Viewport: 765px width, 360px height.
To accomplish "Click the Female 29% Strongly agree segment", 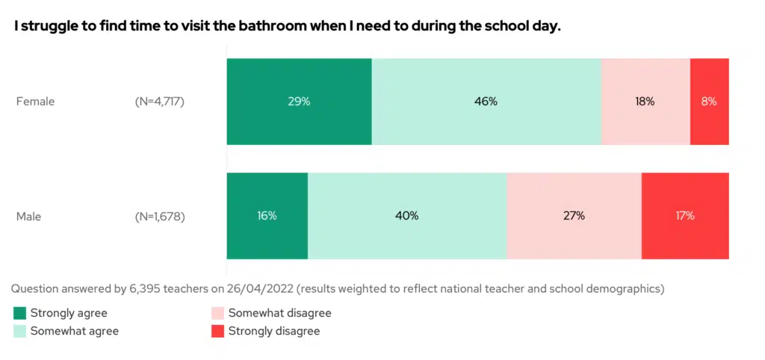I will [299, 102].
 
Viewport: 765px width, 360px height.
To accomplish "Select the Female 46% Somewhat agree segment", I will [486, 102].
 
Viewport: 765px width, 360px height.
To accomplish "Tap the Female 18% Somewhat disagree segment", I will [645, 102].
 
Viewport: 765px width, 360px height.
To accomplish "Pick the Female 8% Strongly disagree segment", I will [709, 102].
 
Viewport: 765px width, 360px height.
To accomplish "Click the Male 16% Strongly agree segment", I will [267, 216].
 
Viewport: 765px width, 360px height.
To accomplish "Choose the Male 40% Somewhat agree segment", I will [406, 216].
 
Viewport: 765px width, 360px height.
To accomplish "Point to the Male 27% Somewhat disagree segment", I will [573, 216].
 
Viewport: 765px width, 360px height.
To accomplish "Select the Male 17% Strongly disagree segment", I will [684, 216].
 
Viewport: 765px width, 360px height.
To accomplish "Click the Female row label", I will [35, 102].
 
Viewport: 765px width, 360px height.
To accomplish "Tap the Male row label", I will [28, 217].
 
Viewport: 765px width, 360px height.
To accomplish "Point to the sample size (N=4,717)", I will [155, 102].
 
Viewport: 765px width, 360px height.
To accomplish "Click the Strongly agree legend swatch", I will [19, 314].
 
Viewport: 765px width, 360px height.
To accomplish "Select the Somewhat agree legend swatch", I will [19, 331].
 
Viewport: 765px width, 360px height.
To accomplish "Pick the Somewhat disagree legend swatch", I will [218, 314].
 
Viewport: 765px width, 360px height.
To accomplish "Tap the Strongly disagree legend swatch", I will [218, 331].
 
